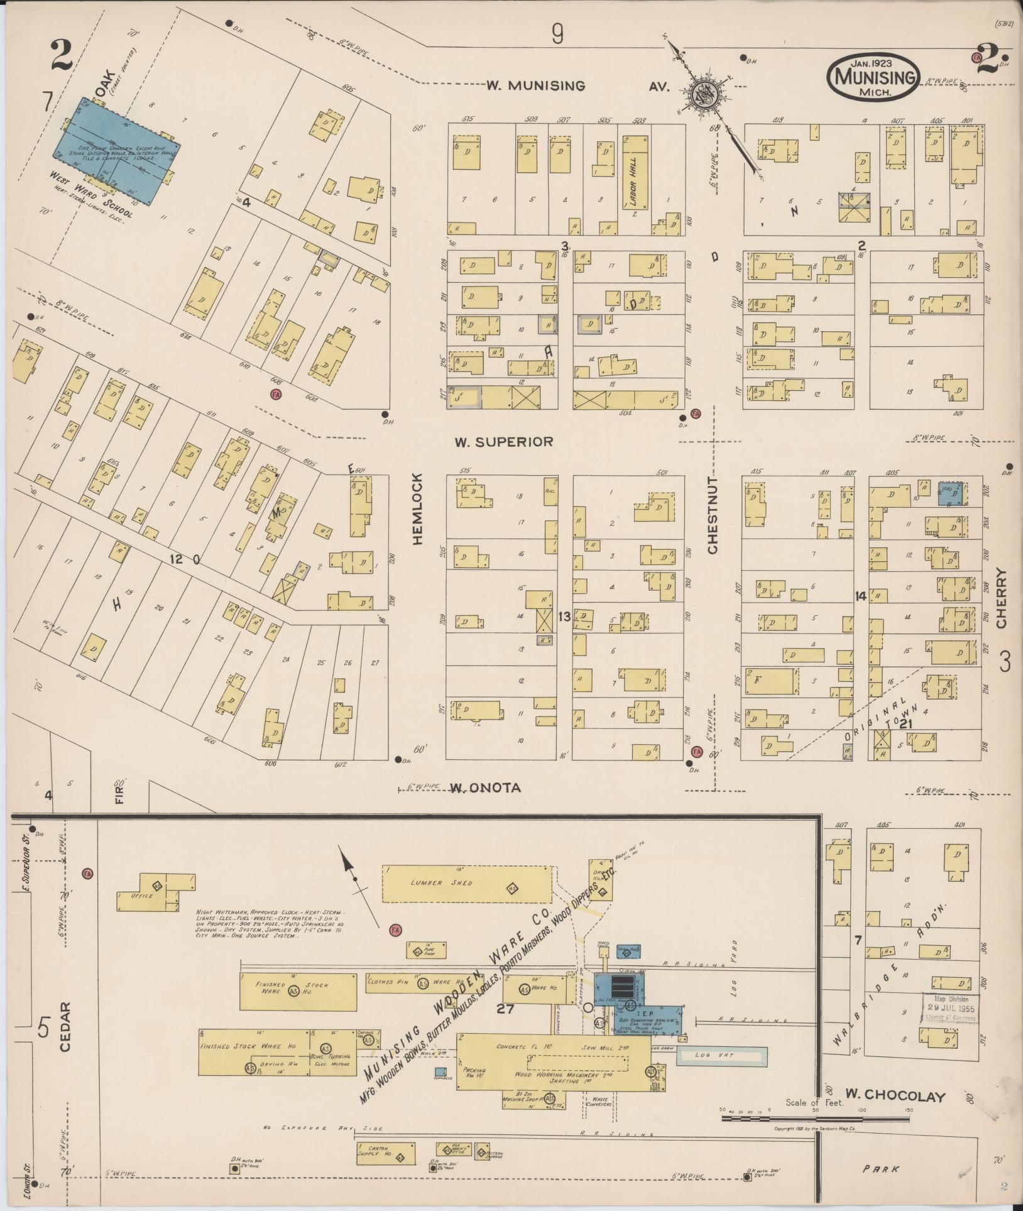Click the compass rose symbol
[703, 96]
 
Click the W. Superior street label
[504, 442]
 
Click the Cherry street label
[1001, 598]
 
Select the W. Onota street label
[486, 788]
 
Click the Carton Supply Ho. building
[385, 1151]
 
